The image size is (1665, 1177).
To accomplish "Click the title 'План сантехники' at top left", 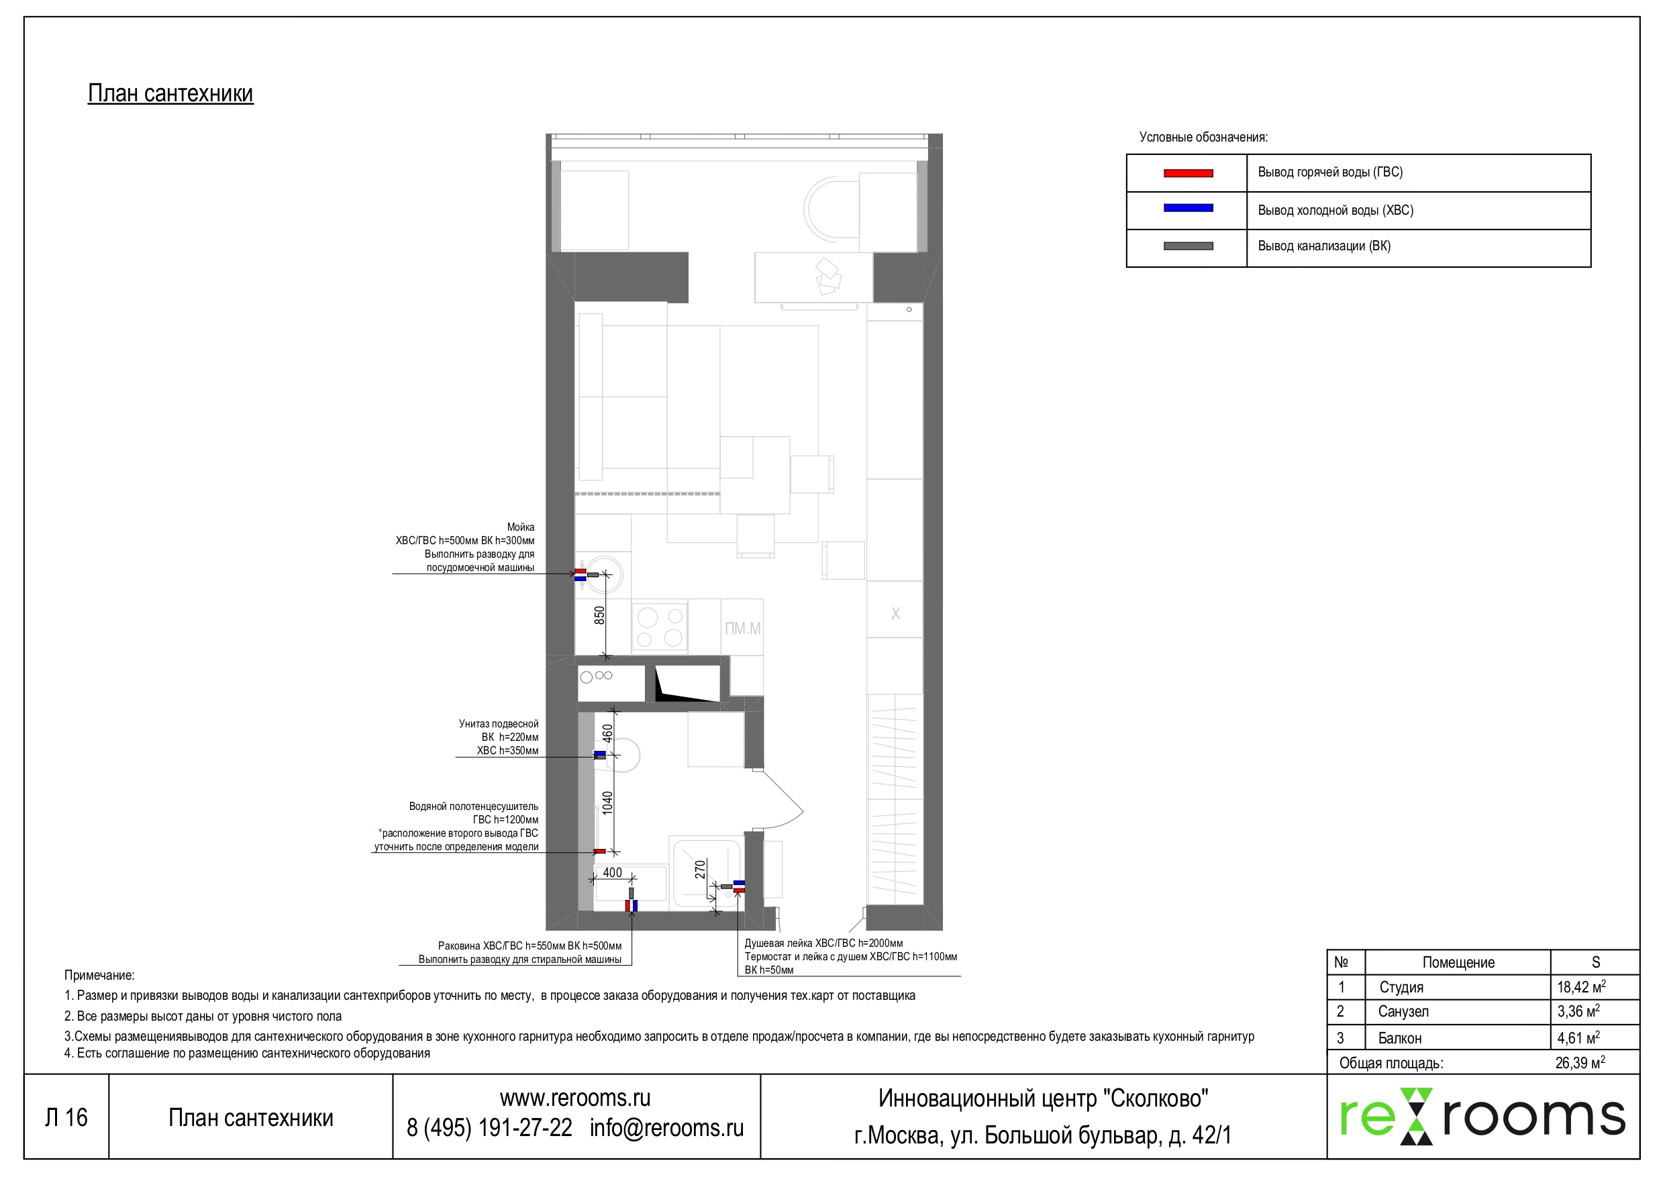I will (x=170, y=93).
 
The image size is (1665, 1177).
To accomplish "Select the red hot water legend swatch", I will (x=1188, y=173).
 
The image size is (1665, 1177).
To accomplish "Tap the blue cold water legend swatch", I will (x=1188, y=208).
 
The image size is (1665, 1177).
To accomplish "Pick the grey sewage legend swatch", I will (x=1188, y=246).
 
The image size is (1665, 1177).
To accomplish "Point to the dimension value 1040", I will (x=608, y=803).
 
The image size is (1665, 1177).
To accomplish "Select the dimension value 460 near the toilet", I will (x=608, y=733).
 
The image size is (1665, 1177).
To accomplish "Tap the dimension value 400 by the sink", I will (x=612, y=872).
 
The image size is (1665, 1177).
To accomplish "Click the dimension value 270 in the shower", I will (x=700, y=869).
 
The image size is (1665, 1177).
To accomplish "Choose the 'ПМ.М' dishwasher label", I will (x=743, y=629).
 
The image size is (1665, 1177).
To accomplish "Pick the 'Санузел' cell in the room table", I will (x=1403, y=1012).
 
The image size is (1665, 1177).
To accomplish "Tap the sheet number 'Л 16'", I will (x=66, y=1117).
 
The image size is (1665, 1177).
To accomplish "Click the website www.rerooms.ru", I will (x=575, y=1098).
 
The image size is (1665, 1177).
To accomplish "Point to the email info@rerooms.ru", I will (x=666, y=1129).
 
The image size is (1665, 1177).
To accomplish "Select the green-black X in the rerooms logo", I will (x=1416, y=1115).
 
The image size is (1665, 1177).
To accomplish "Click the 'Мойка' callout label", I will (x=521, y=527).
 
